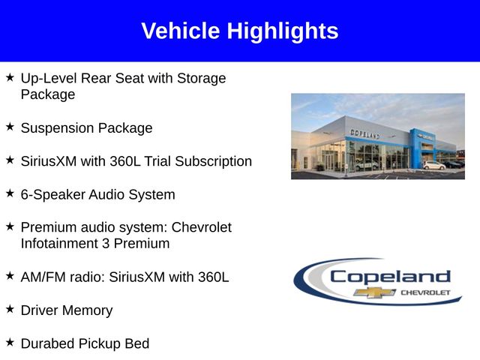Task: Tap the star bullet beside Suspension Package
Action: pyautogui.click(x=10, y=127)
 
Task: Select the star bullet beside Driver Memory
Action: pyautogui.click(x=10, y=309)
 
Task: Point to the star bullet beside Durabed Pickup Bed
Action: pyautogui.click(x=10, y=343)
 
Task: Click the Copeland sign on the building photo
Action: pyautogui.click(x=364, y=133)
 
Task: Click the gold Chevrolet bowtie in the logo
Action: pyautogui.click(x=375, y=292)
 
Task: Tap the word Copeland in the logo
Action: pyautogui.click(x=390, y=277)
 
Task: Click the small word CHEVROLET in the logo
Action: pyautogui.click(x=426, y=292)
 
